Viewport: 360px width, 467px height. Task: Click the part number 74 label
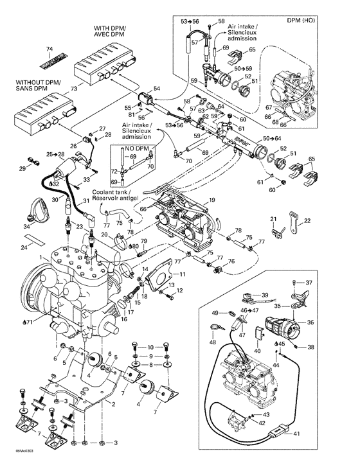(x=48, y=49)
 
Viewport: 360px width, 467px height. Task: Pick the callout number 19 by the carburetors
(x=211, y=201)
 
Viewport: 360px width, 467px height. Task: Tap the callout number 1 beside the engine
(x=40, y=256)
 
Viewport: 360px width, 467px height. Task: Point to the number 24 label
(x=24, y=247)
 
